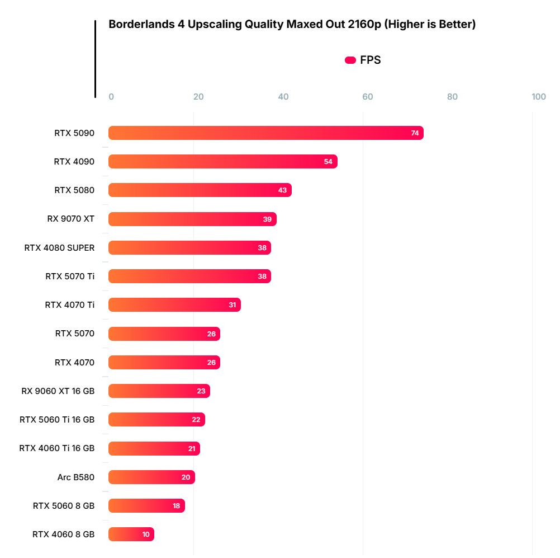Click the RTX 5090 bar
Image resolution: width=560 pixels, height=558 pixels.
click(x=265, y=133)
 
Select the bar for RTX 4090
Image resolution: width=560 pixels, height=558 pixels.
click(x=222, y=162)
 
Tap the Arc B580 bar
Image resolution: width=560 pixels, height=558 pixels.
click(x=151, y=477)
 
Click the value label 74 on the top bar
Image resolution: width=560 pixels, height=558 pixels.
click(x=415, y=133)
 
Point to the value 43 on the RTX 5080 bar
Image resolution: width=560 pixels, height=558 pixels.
click(x=282, y=190)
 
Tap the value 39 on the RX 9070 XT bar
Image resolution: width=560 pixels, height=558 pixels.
click(x=267, y=219)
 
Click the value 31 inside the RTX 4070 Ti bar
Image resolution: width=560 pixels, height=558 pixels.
click(x=232, y=305)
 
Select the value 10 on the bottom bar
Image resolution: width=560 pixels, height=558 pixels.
click(x=146, y=534)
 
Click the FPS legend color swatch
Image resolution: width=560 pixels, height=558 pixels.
click(x=350, y=60)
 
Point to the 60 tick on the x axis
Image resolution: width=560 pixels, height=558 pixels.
click(x=368, y=97)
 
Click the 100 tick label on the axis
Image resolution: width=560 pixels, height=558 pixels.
click(x=539, y=97)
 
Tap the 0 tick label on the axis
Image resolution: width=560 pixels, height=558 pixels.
click(x=111, y=97)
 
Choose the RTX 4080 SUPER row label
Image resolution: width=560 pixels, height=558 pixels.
click(x=59, y=247)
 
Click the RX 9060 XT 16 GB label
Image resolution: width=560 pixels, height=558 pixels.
click(x=58, y=391)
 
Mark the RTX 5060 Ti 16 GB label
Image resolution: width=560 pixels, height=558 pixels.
click(x=57, y=419)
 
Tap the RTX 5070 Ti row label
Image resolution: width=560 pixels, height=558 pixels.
click(x=70, y=276)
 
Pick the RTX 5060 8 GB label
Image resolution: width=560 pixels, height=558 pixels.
click(x=64, y=505)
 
